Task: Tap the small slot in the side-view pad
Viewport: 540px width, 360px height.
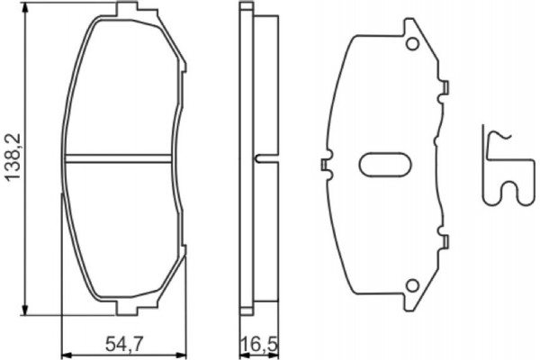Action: point(261,159)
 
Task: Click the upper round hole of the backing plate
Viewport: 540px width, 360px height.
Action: point(413,44)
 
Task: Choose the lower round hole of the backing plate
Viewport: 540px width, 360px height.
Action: point(413,285)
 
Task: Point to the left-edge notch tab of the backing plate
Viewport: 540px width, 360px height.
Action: point(324,165)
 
